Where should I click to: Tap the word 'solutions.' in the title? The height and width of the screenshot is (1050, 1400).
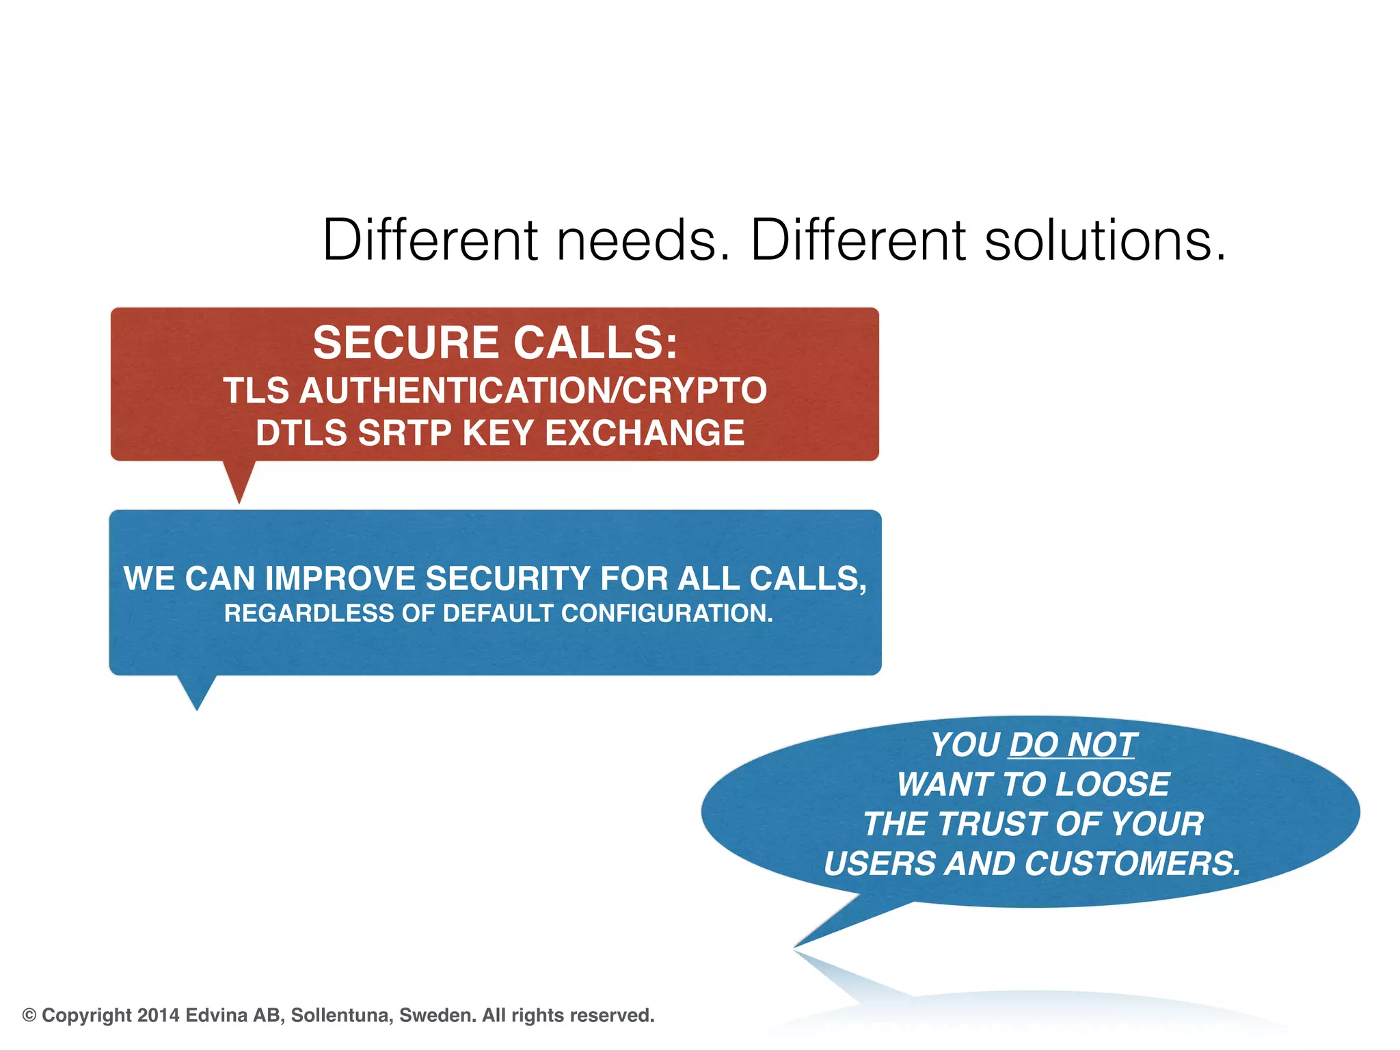1105,241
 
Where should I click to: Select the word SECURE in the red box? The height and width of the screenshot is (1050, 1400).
406,342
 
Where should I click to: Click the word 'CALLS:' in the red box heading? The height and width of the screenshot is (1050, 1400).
595,342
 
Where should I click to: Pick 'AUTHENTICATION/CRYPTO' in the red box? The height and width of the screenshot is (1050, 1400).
533,391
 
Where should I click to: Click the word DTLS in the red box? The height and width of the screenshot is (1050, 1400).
301,433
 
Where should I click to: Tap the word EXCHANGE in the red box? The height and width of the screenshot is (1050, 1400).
645,433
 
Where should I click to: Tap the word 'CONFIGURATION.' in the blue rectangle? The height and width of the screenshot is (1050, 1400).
667,613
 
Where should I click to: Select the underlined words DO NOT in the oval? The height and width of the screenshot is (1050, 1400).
1071,744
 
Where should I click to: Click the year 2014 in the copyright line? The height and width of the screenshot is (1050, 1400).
158,1015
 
